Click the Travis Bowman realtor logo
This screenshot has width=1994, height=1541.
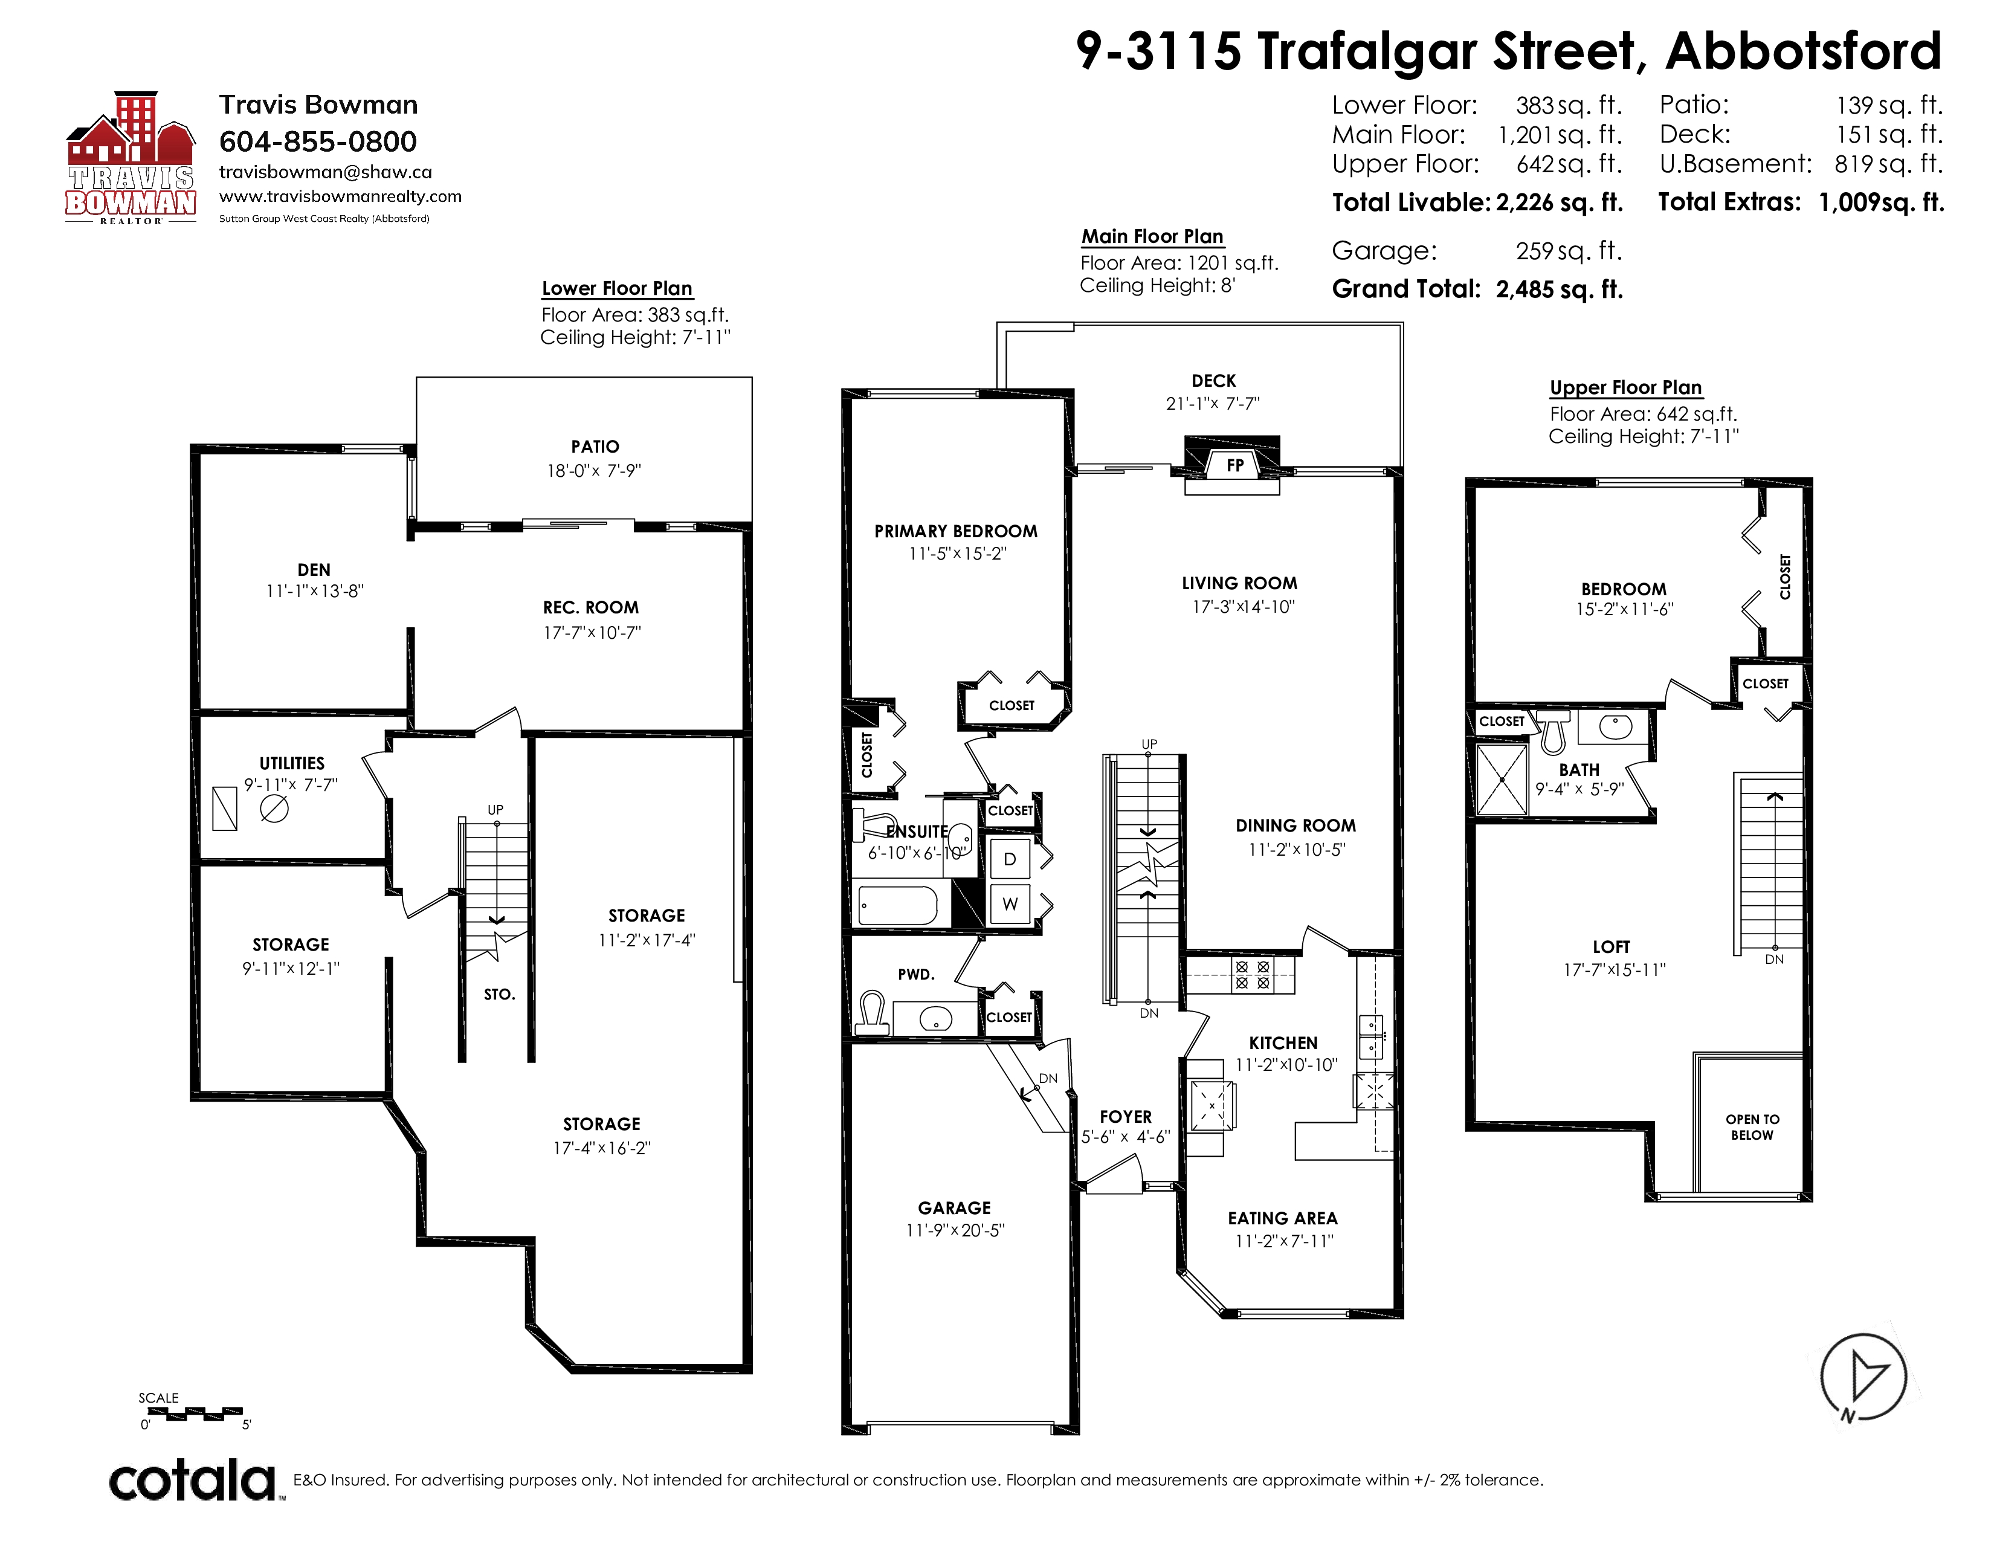(131, 158)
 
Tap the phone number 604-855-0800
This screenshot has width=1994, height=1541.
(318, 141)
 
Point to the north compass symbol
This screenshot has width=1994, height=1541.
(1862, 1377)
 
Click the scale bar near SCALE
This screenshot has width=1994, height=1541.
(195, 1414)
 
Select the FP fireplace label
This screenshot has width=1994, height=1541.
(1234, 465)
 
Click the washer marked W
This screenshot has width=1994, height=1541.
(1010, 905)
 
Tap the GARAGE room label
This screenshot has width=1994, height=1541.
(954, 1208)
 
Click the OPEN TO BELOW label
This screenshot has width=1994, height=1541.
(1752, 1128)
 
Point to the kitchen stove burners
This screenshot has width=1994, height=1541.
(1251, 975)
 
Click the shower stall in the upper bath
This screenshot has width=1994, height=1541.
(1502, 779)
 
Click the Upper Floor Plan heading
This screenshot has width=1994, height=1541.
(1625, 387)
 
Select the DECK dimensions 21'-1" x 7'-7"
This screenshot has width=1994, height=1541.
(1213, 404)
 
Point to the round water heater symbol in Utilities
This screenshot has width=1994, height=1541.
(274, 809)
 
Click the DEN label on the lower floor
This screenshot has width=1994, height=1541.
(314, 570)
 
